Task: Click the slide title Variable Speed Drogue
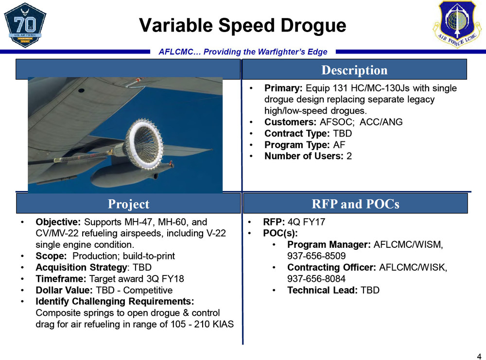pyautogui.click(x=243, y=25)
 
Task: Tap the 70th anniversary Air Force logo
pyautogui.click(x=25, y=24)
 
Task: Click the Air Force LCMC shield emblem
pyautogui.click(x=457, y=24)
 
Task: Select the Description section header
pyautogui.click(x=354, y=69)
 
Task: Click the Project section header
pyautogui.click(x=128, y=204)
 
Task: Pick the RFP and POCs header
pyautogui.click(x=355, y=204)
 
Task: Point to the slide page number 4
pyautogui.click(x=479, y=356)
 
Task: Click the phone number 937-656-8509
pyautogui.click(x=316, y=256)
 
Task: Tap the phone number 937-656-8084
pyautogui.click(x=316, y=278)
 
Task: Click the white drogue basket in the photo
pyautogui.click(x=144, y=144)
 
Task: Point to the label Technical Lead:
pyautogui.click(x=322, y=290)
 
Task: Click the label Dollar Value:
pyautogui.click(x=64, y=290)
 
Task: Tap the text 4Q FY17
pyautogui.click(x=307, y=222)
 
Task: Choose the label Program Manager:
pyautogui.click(x=329, y=245)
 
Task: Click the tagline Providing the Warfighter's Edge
pyautogui.click(x=265, y=51)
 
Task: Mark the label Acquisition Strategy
pyautogui.click(x=81, y=267)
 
